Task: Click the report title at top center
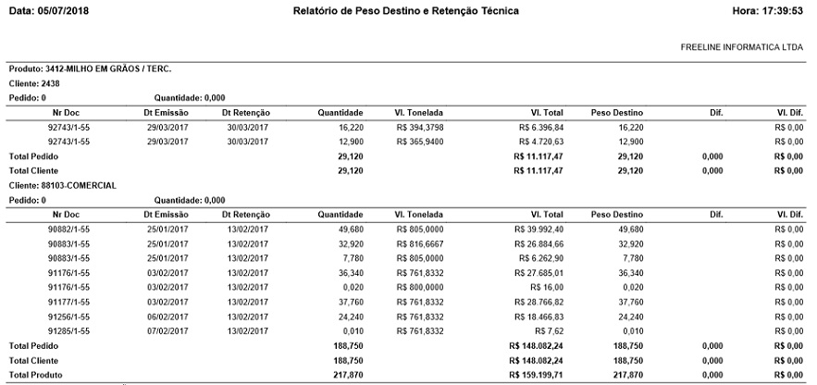(x=405, y=10)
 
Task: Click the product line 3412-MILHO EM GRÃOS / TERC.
(x=90, y=69)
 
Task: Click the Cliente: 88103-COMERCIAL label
(x=62, y=185)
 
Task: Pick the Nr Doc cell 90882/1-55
(x=68, y=229)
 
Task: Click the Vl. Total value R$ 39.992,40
(x=538, y=229)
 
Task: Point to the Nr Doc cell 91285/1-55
(x=68, y=330)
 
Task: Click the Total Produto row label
(x=34, y=374)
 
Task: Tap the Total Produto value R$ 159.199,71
(x=537, y=374)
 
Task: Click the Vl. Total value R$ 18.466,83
(x=538, y=316)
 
